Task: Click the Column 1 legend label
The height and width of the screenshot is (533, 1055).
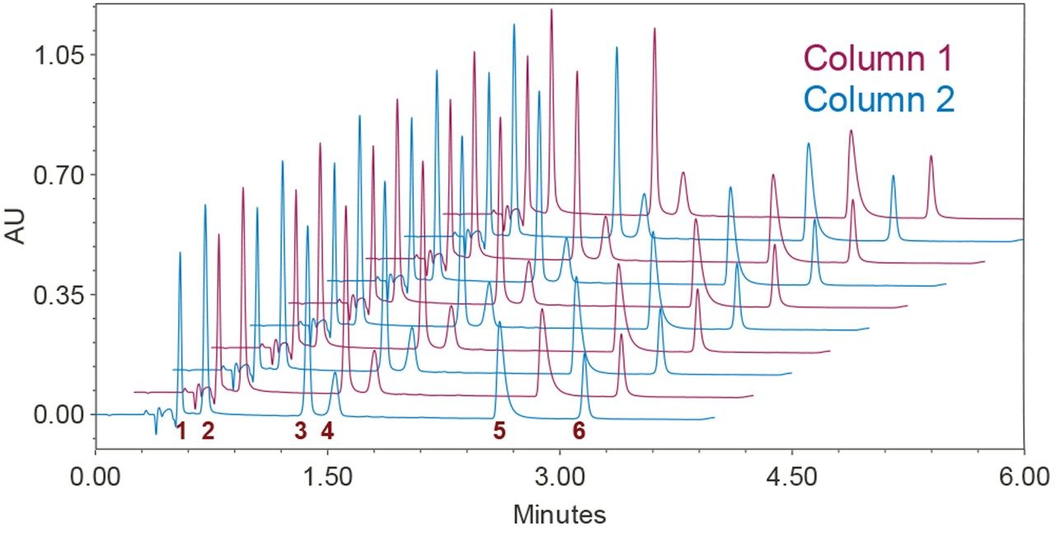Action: click(879, 58)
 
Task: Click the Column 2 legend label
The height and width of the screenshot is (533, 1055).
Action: click(879, 100)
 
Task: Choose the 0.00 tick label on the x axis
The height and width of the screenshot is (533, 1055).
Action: click(96, 478)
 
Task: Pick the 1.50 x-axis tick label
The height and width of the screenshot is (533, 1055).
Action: click(328, 478)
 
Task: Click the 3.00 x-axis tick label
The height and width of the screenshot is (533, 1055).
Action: click(560, 478)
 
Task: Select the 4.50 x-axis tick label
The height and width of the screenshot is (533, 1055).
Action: click(792, 478)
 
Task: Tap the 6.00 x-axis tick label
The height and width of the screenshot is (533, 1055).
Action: click(1023, 478)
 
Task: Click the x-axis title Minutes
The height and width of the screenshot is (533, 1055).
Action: click(560, 515)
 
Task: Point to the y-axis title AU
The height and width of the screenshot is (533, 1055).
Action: click(19, 224)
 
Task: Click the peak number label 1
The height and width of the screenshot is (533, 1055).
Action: click(181, 430)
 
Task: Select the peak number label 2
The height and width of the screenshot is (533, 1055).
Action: click(208, 430)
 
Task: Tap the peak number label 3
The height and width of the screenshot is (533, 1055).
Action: click(301, 430)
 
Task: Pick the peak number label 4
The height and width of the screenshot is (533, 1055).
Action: click(327, 430)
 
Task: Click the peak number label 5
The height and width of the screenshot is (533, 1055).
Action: click(499, 430)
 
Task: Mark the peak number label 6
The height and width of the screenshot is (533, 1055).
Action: click(579, 430)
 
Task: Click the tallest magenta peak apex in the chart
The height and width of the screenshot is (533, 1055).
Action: click(551, 10)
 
